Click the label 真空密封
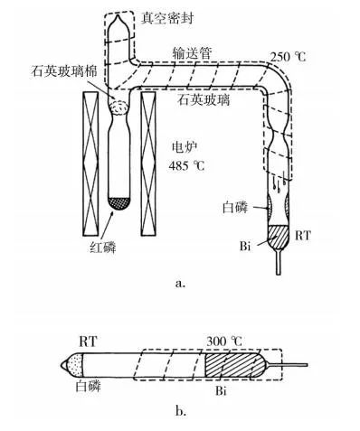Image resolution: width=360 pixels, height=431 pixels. (x=167, y=18)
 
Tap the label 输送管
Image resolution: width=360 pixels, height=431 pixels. (x=192, y=53)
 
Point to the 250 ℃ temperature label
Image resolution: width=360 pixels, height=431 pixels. (x=288, y=56)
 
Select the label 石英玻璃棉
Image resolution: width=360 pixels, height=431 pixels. (x=64, y=72)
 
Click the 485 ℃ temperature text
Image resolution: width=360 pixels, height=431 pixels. (x=186, y=165)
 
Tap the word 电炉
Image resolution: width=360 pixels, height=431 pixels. (x=185, y=147)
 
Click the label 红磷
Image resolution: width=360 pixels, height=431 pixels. (x=103, y=248)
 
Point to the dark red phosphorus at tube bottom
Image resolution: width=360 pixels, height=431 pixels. (x=119, y=204)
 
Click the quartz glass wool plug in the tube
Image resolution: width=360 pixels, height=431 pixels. (x=119, y=108)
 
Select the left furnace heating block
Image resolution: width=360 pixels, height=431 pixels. (x=90, y=164)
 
